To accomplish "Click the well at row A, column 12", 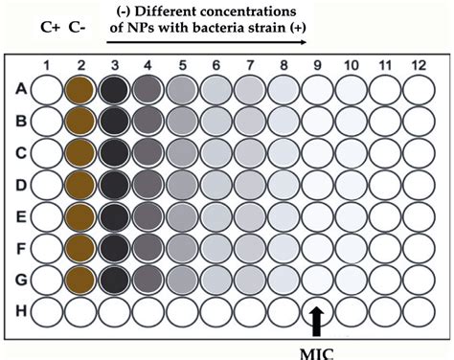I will tap(420, 89).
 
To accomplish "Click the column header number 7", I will tap(250, 65).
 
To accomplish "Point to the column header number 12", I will tap(420, 65).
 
